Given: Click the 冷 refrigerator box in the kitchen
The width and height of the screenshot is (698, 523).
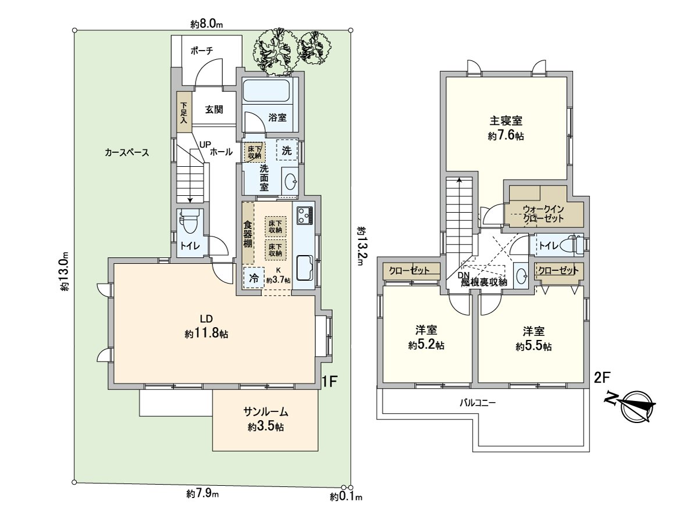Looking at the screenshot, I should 254,278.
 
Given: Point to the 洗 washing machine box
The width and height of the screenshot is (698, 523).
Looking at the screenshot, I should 286,150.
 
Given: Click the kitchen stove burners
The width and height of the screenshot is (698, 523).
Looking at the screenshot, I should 305,216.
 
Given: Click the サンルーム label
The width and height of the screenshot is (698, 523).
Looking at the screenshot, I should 265,412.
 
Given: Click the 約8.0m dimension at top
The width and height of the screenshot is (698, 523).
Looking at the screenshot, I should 207,24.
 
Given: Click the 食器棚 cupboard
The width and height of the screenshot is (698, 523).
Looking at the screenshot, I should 248,232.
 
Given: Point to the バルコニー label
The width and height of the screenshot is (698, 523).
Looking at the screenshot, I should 477,402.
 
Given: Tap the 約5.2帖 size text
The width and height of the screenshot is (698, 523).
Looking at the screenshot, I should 426,345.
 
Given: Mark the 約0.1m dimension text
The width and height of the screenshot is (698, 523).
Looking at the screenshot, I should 346,497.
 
